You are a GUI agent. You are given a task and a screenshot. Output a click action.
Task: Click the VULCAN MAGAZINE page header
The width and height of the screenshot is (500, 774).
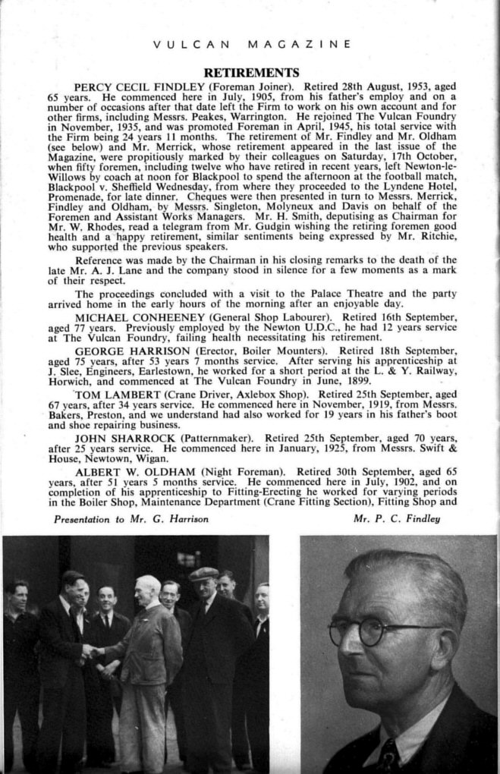pos(251,44)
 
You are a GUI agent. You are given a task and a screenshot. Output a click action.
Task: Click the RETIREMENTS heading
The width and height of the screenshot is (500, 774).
pos(250,73)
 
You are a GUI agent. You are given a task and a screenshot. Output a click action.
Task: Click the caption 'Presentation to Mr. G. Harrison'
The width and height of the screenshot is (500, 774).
pos(131,520)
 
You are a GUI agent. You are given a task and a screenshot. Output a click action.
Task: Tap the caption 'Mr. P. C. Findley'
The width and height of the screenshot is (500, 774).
pos(397,520)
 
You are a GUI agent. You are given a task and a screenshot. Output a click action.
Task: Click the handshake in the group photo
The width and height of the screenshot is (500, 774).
pos(93,651)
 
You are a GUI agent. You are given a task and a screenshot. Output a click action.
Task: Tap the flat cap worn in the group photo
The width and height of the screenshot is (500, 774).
pos(203,574)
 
